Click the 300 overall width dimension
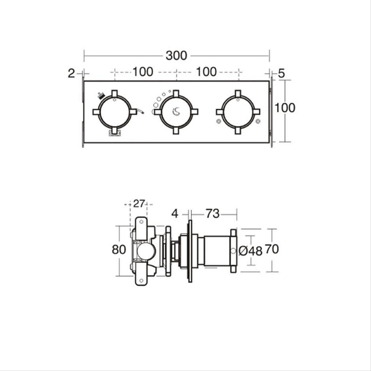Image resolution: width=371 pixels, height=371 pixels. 177,55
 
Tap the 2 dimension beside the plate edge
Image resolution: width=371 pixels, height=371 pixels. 72,73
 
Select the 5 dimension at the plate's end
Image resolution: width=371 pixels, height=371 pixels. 281,73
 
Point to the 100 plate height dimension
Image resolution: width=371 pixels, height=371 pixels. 285,108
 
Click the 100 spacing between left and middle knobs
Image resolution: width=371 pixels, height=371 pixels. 143,72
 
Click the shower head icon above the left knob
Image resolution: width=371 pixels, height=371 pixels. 101,96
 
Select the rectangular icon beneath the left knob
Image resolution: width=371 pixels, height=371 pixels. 114,133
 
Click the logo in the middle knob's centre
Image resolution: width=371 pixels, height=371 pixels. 176,111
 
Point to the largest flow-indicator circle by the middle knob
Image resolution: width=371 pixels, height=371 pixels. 155,112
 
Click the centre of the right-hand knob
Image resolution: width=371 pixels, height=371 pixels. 237,111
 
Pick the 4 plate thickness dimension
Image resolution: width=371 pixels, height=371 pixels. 175,214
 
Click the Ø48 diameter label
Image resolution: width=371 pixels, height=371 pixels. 251,251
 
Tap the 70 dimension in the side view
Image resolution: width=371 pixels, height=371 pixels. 272,249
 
